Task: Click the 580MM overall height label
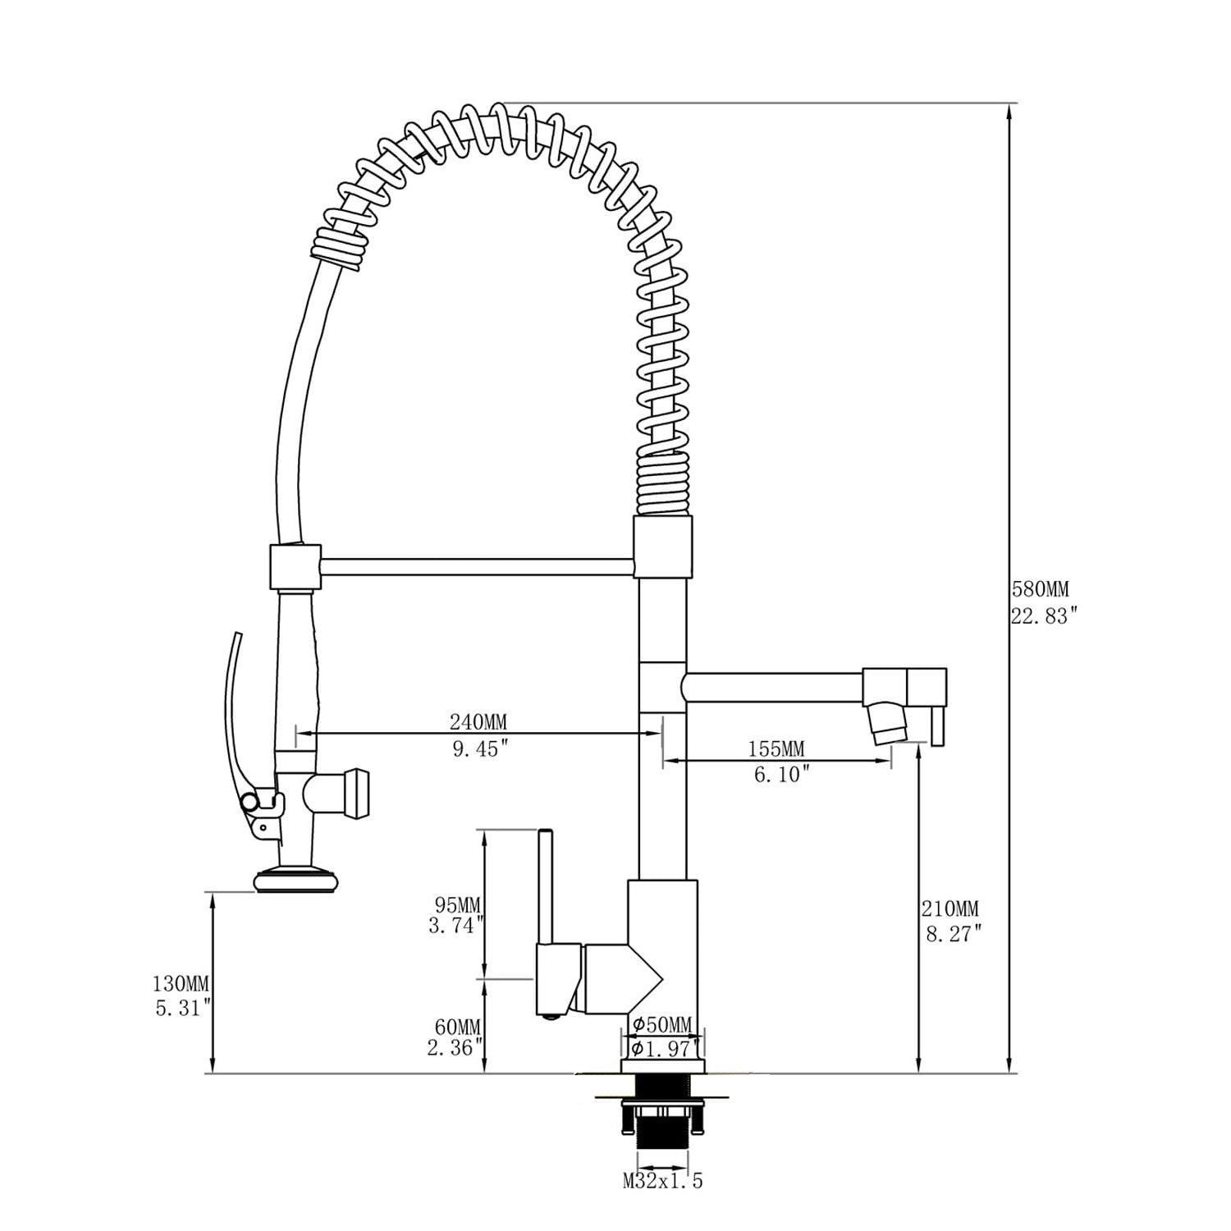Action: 1040,589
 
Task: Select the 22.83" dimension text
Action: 1042,616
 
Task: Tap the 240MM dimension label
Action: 478,722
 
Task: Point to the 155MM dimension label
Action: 776,748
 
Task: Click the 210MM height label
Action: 950,909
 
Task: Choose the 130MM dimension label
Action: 181,983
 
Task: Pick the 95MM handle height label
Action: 458,905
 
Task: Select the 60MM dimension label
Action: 459,1027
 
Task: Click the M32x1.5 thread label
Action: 662,1182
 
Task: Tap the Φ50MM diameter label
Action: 662,1024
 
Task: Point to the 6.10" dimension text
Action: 776,774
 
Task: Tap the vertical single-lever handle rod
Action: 545,886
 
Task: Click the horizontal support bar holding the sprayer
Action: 476,567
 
